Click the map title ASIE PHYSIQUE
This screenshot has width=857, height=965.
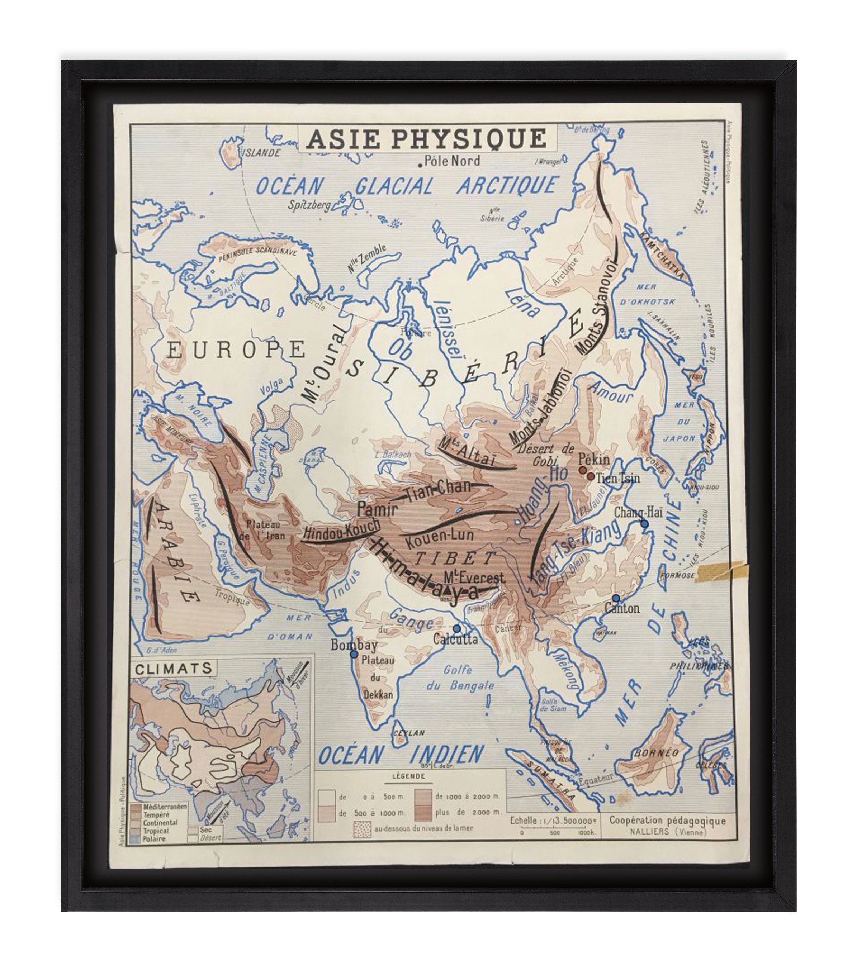point(426,139)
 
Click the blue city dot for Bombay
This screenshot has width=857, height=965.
point(354,654)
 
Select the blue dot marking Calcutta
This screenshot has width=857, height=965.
point(456,629)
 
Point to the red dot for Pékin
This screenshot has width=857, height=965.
point(583,470)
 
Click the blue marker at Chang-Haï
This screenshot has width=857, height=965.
point(644,524)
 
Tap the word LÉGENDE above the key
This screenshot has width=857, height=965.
point(409,776)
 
